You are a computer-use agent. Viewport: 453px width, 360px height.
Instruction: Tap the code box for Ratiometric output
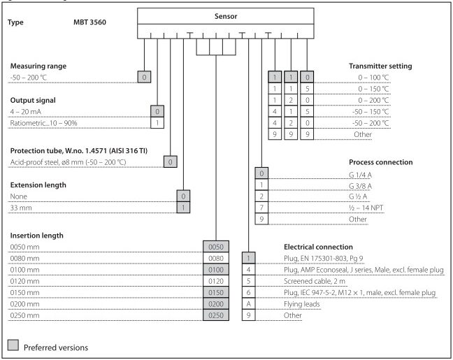[x=157, y=123]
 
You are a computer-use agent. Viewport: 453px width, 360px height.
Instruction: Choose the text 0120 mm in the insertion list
[x=23, y=282]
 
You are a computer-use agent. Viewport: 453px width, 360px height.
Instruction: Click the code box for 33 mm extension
[x=182, y=208]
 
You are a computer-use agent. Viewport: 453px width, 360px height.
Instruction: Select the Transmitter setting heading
[x=380, y=66]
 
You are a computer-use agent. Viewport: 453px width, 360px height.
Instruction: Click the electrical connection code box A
[x=248, y=305]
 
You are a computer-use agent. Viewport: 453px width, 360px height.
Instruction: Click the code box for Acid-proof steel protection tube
[x=170, y=162]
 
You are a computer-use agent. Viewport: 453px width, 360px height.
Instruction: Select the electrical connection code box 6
[x=248, y=294]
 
